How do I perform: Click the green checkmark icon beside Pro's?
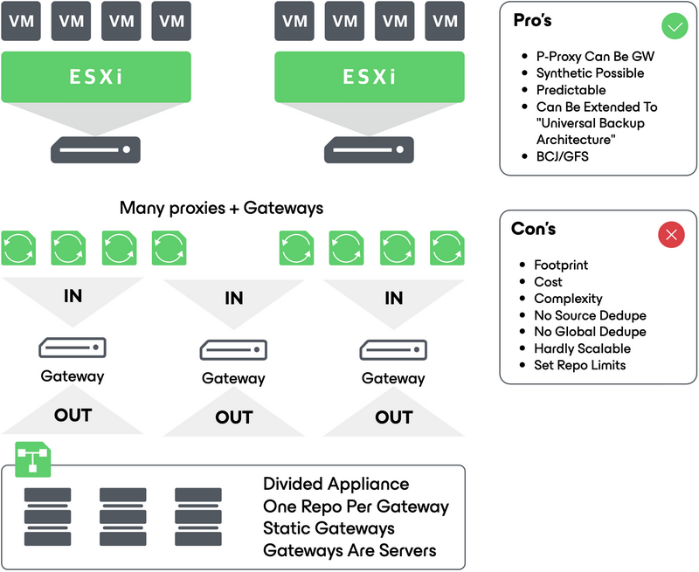(674, 27)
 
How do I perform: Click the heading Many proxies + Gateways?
(221, 208)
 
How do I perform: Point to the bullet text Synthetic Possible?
(590, 73)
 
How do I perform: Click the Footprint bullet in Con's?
(561, 265)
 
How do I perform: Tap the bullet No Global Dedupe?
(590, 332)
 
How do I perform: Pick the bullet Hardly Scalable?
(582, 348)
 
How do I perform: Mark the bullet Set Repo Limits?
(579, 365)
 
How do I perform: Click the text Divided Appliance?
(336, 484)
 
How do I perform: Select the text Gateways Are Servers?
(349, 550)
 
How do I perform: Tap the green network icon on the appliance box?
(33, 458)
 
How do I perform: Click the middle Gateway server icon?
(233, 349)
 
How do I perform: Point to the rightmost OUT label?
(393, 417)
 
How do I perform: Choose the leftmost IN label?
(73, 296)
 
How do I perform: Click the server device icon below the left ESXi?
(95, 149)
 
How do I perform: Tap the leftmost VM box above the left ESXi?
(22, 21)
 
